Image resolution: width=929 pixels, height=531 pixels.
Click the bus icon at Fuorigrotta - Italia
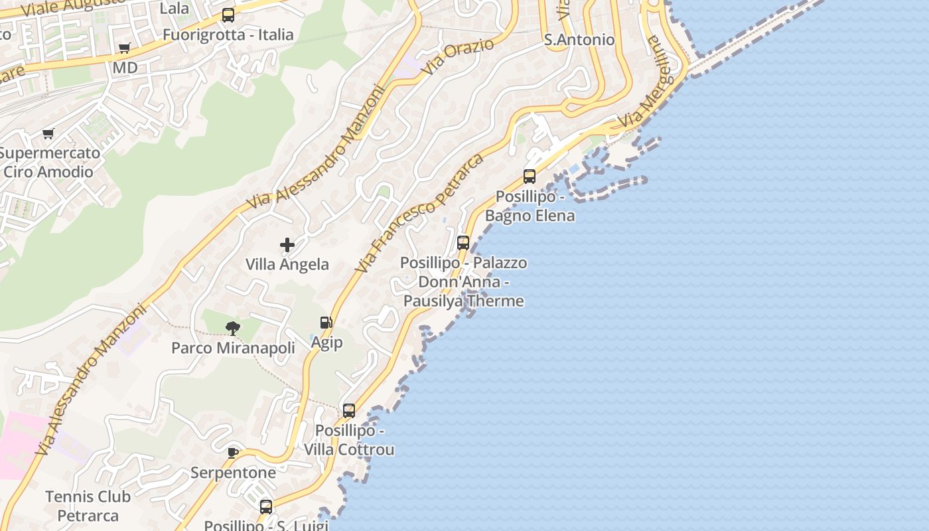[x=228, y=15]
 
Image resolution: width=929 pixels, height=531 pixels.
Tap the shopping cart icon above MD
[x=124, y=48]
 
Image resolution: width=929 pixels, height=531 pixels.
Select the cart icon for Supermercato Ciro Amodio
[x=48, y=134]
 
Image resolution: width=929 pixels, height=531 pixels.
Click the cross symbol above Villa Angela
[x=287, y=245]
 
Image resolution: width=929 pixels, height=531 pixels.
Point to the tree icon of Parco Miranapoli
[x=232, y=327]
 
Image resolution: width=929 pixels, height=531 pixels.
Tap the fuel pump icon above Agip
[x=326, y=323]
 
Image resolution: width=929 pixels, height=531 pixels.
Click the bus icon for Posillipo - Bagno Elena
[x=530, y=177]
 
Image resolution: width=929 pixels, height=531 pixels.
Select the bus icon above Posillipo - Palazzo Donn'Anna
[x=463, y=243]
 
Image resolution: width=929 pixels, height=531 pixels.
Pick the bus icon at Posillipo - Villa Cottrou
[x=349, y=411]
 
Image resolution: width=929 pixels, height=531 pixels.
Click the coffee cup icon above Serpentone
[x=233, y=453]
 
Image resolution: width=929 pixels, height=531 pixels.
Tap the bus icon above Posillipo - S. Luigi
[x=266, y=507]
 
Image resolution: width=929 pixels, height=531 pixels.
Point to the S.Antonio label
[x=579, y=40]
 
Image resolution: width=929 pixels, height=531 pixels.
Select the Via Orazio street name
[x=459, y=56]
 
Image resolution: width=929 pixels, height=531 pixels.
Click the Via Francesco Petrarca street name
[x=419, y=212]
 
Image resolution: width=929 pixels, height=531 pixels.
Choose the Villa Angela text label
[x=287, y=264]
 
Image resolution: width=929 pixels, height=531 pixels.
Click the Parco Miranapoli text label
[x=233, y=348]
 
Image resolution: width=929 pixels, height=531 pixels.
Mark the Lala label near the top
[x=175, y=9]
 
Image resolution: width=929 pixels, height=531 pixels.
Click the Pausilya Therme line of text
[x=464, y=301]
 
